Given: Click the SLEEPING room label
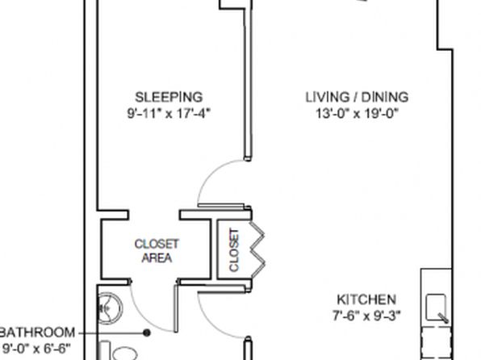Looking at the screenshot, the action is coord(169,97).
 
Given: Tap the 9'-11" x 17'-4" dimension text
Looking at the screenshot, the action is coord(169,114).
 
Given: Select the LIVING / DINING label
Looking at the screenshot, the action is coord(357,97).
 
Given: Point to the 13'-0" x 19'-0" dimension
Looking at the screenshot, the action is coord(357,114).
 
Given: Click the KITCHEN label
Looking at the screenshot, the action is coord(366,299).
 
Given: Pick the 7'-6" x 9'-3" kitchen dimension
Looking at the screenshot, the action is coord(366,316).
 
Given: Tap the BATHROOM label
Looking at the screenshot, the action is coord(38,333).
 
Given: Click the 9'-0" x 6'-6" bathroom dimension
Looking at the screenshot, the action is coord(36,349).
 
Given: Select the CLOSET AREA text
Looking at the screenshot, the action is coord(157,251).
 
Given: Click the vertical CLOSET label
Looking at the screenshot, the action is coord(234,250).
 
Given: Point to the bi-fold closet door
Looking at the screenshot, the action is coord(257,249).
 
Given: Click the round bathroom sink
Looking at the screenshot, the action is coord(110,308).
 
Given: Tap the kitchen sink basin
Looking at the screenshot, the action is coord(436,308).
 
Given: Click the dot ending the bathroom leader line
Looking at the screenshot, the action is coord(147,333).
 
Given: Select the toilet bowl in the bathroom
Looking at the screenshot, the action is coord(124,354).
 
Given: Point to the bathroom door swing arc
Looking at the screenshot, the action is coord(144,319).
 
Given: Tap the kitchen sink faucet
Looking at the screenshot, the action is coord(443,318).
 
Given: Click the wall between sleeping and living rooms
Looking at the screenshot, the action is coord(248,83).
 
